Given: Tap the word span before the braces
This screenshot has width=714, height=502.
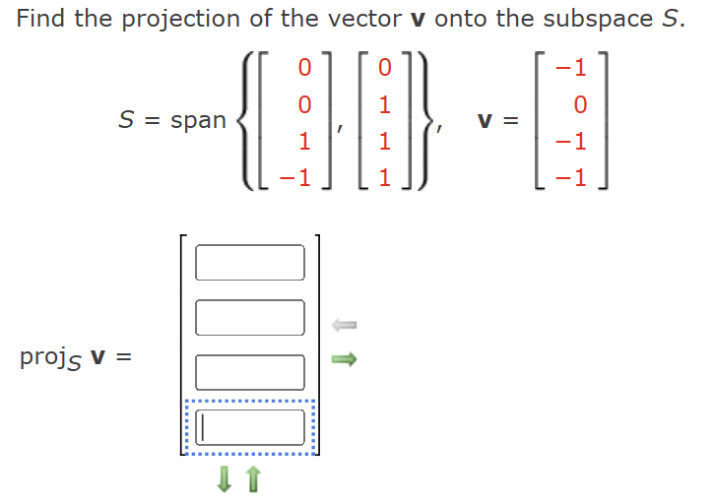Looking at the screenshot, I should click(x=198, y=121).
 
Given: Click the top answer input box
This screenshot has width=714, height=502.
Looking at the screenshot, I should click(x=250, y=262).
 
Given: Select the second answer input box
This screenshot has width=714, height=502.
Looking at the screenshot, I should click(x=250, y=317).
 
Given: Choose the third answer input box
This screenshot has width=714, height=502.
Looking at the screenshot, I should click(x=250, y=372).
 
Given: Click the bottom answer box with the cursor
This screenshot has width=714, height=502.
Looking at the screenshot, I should click(x=250, y=427).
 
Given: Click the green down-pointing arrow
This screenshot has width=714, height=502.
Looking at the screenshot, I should click(x=225, y=479).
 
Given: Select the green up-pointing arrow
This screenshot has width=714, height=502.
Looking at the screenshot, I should click(x=253, y=479).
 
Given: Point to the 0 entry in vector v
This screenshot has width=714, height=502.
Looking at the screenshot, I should click(x=579, y=104).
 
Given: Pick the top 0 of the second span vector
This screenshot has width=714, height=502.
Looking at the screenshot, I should click(x=385, y=68).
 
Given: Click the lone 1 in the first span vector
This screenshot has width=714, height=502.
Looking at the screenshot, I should click(x=304, y=141).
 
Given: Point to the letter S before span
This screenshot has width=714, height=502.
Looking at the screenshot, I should click(x=126, y=121).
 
